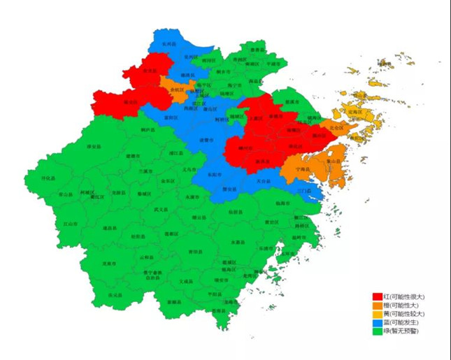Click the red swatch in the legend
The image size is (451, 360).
click(377, 296)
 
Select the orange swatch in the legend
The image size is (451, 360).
click(377, 305)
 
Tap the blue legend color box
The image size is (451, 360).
click(377, 322)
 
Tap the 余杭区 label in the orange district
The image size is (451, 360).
click(178, 90)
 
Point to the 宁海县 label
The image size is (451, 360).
click(302, 169)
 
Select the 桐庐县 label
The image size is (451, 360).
click(148, 130)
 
